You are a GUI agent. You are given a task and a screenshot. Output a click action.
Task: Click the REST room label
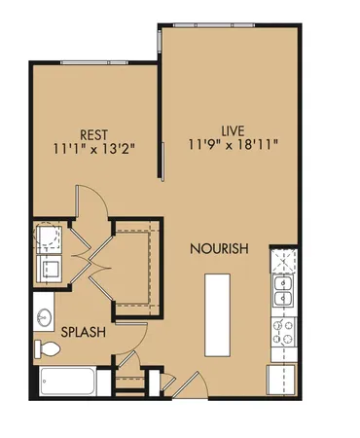click(x=94, y=135)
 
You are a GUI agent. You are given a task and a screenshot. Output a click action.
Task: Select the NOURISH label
click(x=219, y=249)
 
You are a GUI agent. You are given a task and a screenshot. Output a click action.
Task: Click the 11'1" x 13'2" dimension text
click(x=94, y=150)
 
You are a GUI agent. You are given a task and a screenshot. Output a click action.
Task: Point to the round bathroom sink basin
click(x=44, y=317)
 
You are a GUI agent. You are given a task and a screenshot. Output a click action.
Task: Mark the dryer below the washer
click(x=48, y=268)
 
